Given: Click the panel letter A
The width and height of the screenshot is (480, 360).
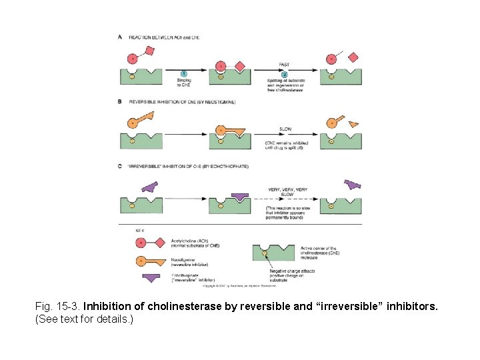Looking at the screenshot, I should (x=120, y=37).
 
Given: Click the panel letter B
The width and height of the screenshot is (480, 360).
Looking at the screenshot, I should (x=120, y=102).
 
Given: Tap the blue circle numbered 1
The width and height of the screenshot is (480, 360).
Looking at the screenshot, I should (x=183, y=73).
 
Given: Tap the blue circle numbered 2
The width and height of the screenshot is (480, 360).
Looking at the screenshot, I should (x=284, y=74).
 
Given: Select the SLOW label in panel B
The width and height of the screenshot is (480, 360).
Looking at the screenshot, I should (x=285, y=129).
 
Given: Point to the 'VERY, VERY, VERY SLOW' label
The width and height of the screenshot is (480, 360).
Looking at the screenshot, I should (x=287, y=191).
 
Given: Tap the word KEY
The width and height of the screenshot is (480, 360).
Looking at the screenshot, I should (x=140, y=229).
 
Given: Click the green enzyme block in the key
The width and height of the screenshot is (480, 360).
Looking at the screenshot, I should (x=273, y=252).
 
